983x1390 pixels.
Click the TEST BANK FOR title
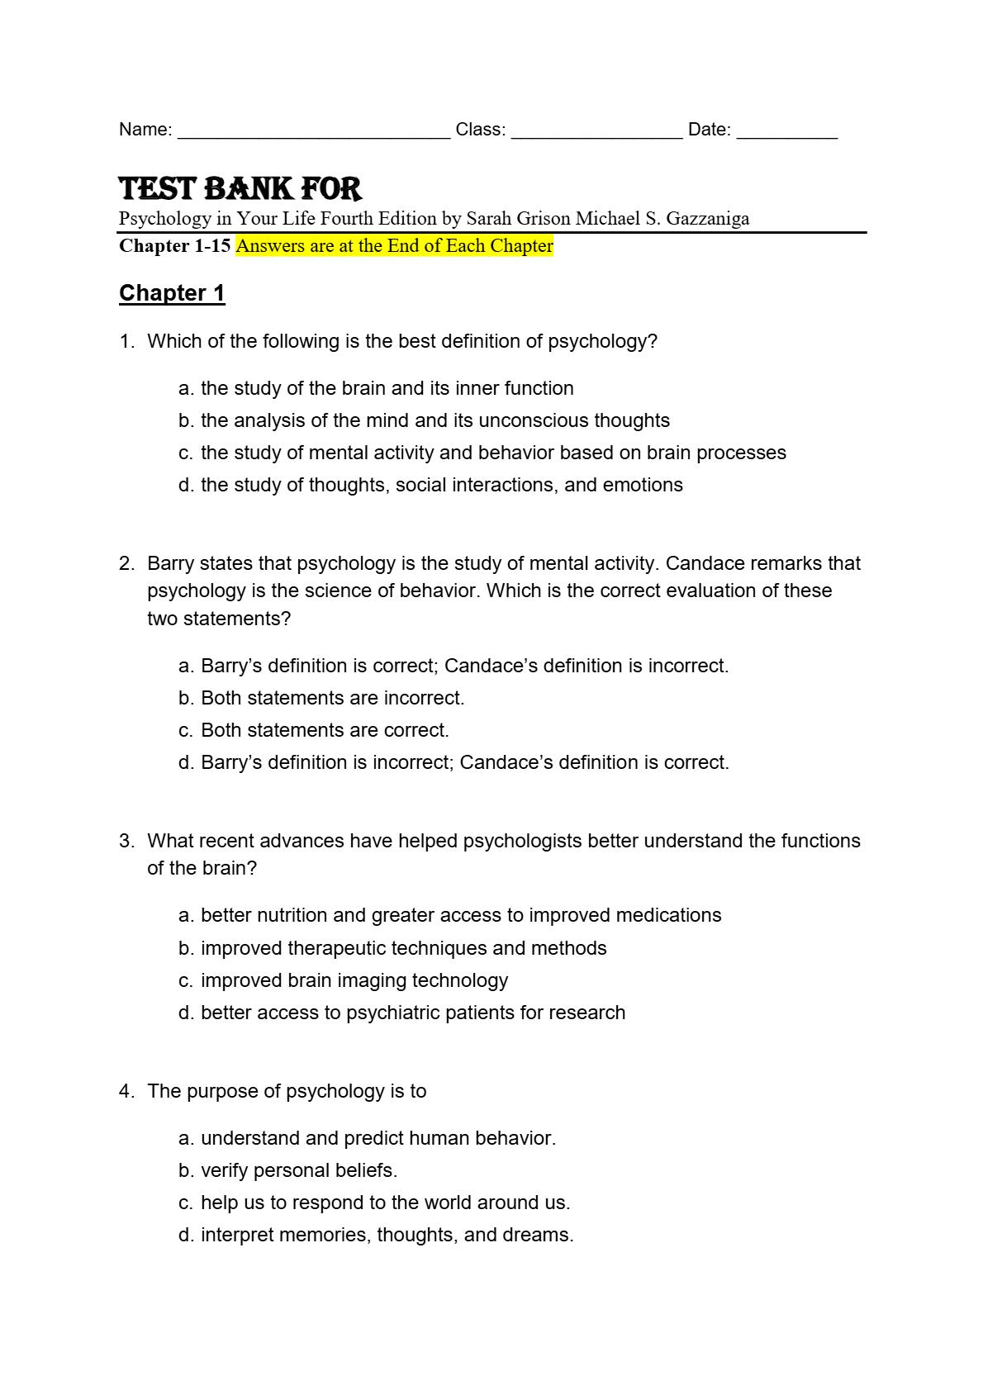(240, 189)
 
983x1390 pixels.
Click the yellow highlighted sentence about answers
(394, 246)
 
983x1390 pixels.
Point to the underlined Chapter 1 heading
(172, 293)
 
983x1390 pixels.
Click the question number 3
(126, 841)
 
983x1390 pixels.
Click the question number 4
(126, 1091)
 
